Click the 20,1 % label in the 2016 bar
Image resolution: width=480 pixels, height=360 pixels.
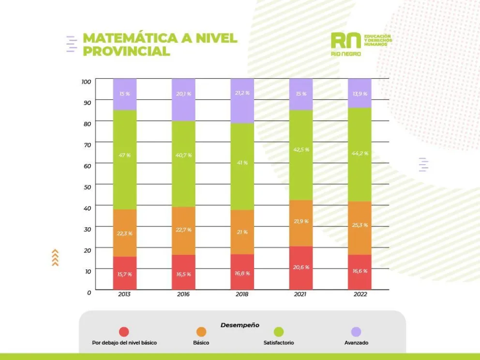(x=183, y=94)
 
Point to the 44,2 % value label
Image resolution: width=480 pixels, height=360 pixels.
(x=360, y=153)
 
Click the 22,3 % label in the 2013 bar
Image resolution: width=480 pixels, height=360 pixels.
(x=125, y=233)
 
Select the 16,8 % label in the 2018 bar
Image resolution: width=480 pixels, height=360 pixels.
(x=242, y=273)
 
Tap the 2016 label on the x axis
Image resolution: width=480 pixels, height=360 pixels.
(x=183, y=294)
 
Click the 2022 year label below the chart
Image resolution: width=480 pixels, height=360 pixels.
(x=360, y=294)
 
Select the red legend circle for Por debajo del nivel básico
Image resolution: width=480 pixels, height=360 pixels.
(x=124, y=332)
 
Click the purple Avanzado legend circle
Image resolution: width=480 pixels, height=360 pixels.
(x=356, y=332)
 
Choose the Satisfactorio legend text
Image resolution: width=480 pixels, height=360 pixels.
(x=279, y=343)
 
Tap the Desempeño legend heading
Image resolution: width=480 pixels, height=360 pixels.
(x=240, y=325)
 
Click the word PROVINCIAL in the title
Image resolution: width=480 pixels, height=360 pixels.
(x=126, y=51)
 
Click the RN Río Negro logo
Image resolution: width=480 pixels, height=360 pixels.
(x=346, y=44)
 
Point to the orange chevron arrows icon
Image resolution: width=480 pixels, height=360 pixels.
(x=55, y=258)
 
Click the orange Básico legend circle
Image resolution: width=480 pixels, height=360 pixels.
(x=201, y=332)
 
